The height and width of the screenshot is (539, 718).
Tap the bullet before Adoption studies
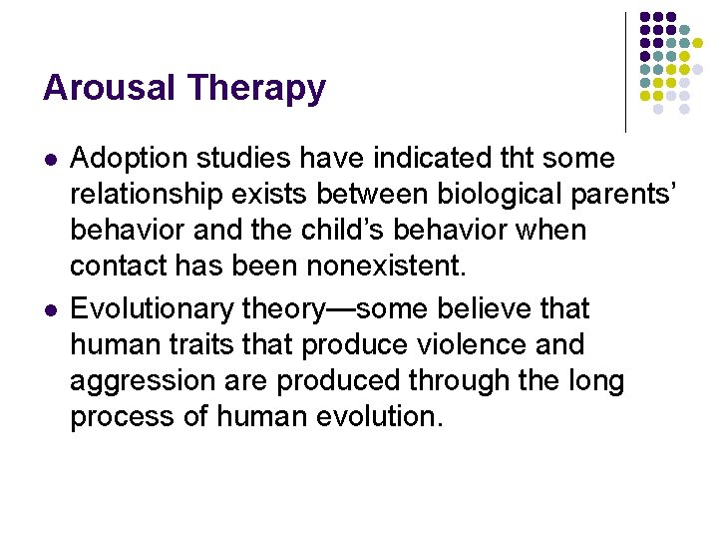[49, 159]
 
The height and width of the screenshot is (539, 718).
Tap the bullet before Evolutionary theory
[49, 309]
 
